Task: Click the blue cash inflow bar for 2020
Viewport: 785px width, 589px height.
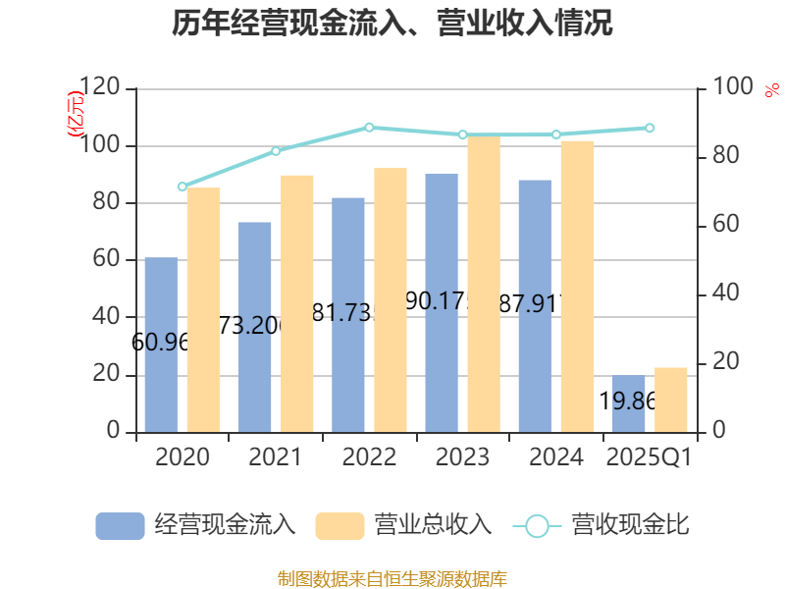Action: click(x=161, y=345)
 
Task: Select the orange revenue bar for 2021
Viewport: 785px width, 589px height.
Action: click(x=297, y=303)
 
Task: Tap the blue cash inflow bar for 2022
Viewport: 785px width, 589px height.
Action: click(x=348, y=314)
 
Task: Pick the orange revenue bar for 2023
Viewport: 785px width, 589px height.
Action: click(x=484, y=284)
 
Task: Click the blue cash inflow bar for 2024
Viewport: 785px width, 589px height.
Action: click(x=535, y=305)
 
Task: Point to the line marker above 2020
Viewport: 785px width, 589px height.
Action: click(x=182, y=187)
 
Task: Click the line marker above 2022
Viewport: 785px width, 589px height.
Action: click(x=369, y=127)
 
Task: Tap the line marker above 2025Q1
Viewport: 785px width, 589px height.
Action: click(x=650, y=128)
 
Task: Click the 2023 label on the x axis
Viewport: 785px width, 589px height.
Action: click(x=462, y=456)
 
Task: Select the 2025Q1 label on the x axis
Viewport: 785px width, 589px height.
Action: click(x=650, y=456)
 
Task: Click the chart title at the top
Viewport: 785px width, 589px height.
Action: click(x=392, y=24)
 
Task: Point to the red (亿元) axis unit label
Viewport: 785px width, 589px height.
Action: click(x=75, y=116)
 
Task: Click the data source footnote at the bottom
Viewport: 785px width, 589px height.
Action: click(x=392, y=578)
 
